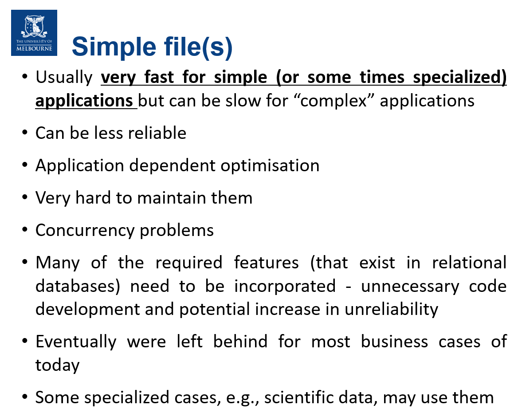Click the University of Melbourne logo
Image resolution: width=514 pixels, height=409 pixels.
pyautogui.click(x=34, y=32)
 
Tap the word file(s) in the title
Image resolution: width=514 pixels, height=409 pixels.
pyautogui.click(x=195, y=46)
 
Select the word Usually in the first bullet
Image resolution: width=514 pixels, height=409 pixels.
pyautogui.click(x=64, y=78)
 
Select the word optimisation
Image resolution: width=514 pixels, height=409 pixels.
pyautogui.click(x=270, y=165)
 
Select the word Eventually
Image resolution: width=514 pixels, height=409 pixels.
pyautogui.click(x=76, y=342)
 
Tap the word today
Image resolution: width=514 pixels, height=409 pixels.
pyautogui.click(x=57, y=365)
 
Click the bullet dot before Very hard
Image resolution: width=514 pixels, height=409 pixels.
pyautogui.click(x=25, y=198)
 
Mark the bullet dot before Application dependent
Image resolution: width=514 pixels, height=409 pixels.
pyautogui.click(x=25, y=165)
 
